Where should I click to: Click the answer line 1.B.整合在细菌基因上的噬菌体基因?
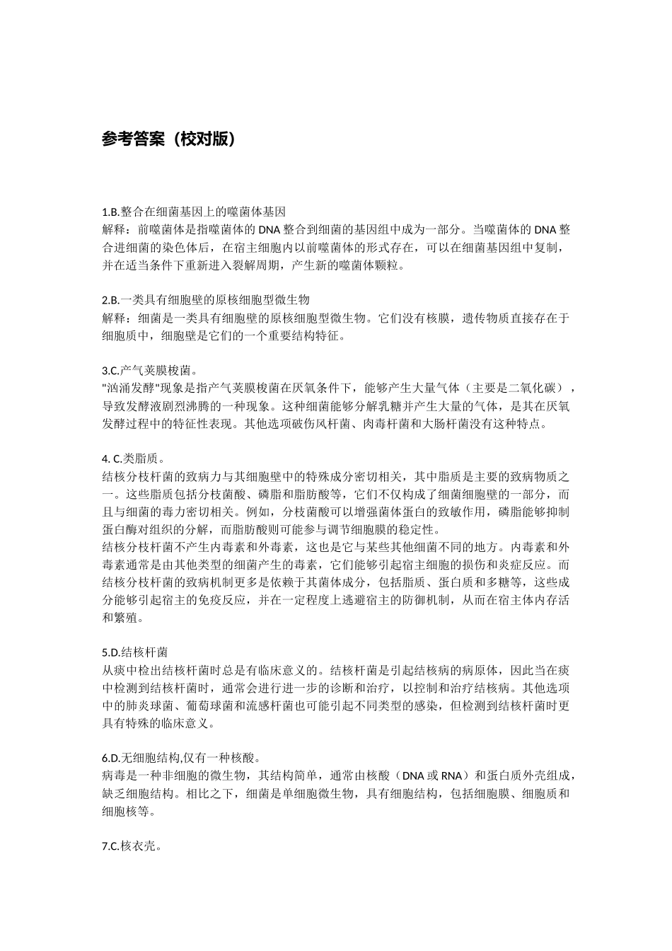click(x=194, y=212)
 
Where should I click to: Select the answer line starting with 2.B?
click(x=206, y=300)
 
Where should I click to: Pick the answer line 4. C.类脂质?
click(x=134, y=459)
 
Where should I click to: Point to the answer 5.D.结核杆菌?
click(x=134, y=652)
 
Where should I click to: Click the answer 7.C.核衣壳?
click(x=132, y=846)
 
